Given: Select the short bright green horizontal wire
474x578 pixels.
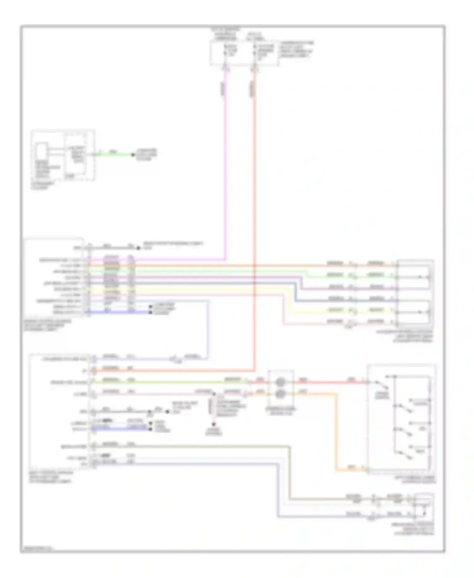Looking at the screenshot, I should pyautogui.click(x=114, y=155).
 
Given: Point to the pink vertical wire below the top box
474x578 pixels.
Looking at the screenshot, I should pyautogui.click(x=225, y=158).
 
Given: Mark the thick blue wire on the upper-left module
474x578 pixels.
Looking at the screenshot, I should pyautogui.click(x=120, y=313).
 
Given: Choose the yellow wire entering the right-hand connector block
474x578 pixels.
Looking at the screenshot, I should pyautogui.click(x=348, y=312).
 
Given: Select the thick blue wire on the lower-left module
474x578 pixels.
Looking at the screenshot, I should pyautogui.click(x=120, y=429).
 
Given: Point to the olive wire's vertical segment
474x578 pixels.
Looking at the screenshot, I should pyautogui.click(x=289, y=474).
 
